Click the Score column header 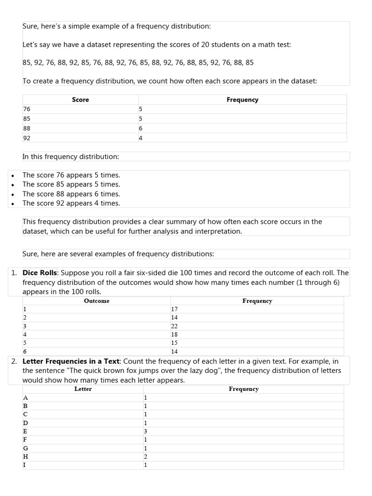(80, 100)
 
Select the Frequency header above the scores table (242, 100)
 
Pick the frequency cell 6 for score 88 (140, 128)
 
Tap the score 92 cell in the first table (27, 138)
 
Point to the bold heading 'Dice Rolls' (40, 273)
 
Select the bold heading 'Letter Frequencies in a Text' (71, 361)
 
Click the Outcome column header (96, 301)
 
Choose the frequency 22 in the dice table (174, 326)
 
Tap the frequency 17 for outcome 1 (174, 309)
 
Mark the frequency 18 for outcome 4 (174, 334)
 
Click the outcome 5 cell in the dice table (25, 343)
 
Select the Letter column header (83, 389)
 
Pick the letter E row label (25, 431)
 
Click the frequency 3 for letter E (145, 431)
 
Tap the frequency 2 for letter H (145, 457)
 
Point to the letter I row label (24, 465)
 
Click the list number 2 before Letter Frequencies (14, 361)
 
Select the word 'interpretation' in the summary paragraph (218, 232)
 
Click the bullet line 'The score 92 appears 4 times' (71, 203)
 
